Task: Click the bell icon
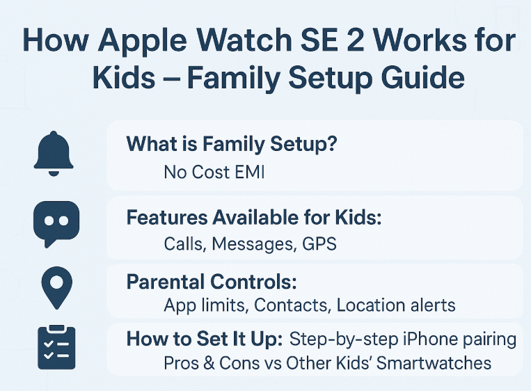point(54,153)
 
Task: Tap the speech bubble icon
point(56,223)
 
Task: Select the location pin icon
point(57,287)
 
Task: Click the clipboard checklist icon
point(56,347)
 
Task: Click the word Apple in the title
point(142,41)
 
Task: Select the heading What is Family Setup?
point(232,143)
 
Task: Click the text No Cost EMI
point(214,172)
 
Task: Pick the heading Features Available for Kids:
point(254,217)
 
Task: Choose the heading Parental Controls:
point(212,282)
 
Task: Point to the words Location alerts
point(396,305)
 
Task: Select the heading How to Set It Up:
point(205,339)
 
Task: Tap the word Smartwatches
point(434,363)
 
